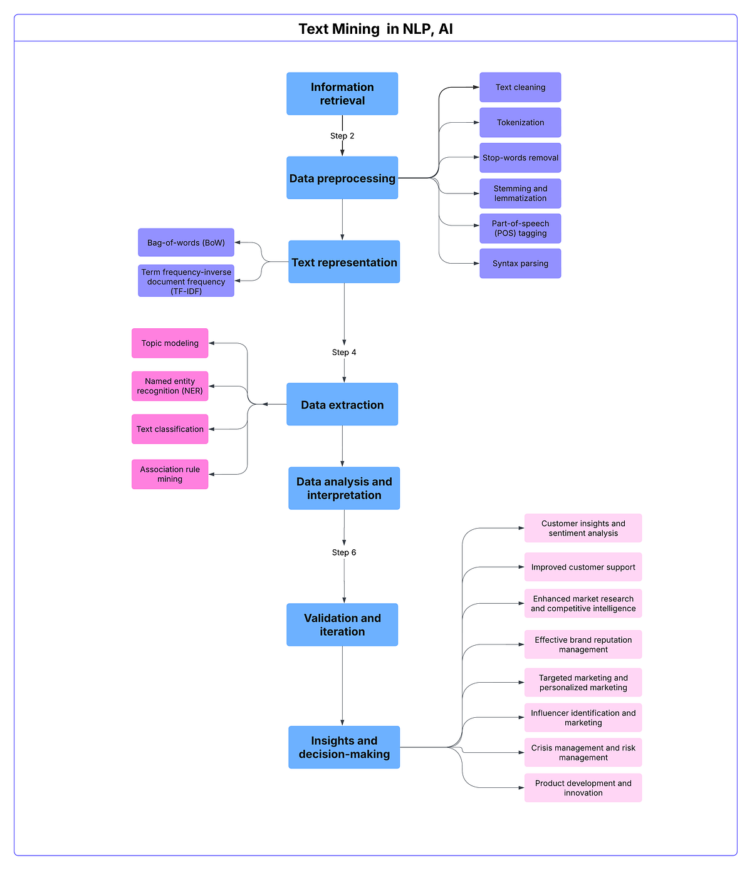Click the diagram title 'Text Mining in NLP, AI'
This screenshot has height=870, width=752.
[375, 29]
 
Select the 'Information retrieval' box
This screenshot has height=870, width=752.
[342, 94]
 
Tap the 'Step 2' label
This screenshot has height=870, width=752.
[342, 136]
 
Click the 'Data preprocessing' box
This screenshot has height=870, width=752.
[342, 179]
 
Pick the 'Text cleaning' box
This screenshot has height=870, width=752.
[520, 88]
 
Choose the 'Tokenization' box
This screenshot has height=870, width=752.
[520, 123]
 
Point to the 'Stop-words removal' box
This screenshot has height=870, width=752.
[520, 158]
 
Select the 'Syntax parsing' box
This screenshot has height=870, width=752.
[520, 264]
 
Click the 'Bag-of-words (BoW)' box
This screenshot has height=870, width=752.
[186, 242]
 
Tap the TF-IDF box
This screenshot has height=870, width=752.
[186, 281]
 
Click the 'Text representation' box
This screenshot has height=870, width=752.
[344, 262]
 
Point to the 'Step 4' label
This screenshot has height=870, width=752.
[344, 353]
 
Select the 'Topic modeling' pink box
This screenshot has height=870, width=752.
[170, 343]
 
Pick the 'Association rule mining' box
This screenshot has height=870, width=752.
[170, 474]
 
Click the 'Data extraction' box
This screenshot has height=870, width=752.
[342, 405]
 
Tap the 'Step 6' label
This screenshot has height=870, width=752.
[344, 552]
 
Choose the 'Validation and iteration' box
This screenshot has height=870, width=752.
[342, 625]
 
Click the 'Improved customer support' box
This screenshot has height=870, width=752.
[583, 567]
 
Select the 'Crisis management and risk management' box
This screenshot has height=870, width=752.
[583, 753]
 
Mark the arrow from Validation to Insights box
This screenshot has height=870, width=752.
[342, 686]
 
